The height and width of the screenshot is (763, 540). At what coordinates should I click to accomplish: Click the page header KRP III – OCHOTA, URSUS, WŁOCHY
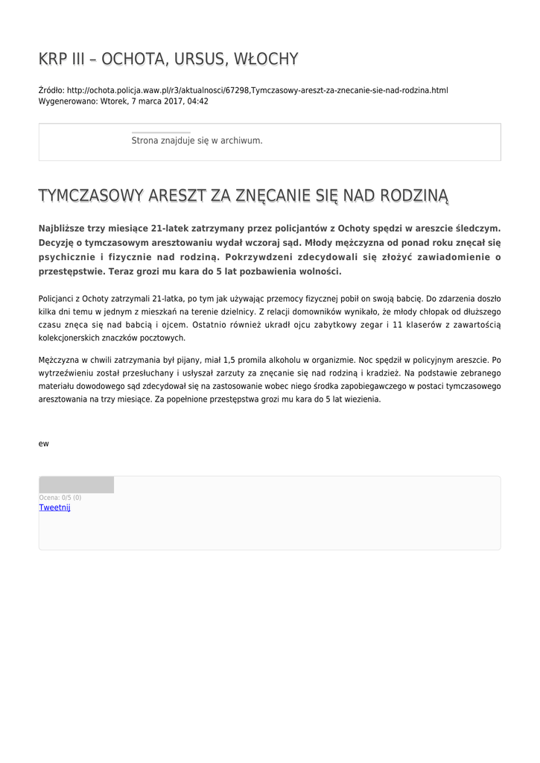click(168, 59)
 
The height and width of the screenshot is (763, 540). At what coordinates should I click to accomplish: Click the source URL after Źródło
click(257, 90)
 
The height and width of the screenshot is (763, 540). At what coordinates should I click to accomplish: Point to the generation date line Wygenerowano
click(123, 101)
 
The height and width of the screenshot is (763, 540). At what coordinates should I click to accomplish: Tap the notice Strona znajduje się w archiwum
click(197, 140)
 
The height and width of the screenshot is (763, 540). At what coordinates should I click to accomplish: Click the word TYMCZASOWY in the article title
click(90, 196)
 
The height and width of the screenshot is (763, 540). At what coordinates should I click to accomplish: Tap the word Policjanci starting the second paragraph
click(60, 298)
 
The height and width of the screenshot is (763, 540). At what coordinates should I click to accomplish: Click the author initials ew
click(43, 443)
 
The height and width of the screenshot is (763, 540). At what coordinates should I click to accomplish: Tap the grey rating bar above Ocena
click(76, 484)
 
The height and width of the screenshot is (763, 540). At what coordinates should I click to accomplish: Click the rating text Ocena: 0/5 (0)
click(60, 497)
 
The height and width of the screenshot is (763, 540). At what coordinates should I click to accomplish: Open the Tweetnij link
click(54, 507)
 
